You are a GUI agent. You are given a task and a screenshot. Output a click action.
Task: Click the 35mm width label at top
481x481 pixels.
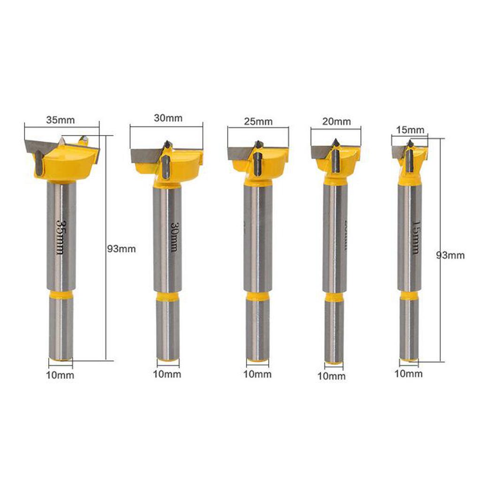pos(60,120)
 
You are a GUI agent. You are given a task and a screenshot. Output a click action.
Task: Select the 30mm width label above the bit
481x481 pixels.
pos(168,118)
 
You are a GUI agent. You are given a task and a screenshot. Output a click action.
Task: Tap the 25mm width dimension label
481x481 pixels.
pos(258,122)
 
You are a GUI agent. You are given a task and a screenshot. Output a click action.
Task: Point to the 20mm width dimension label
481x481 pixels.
pos(336,121)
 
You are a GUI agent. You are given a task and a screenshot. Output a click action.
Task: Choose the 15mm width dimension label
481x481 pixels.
pos(410,130)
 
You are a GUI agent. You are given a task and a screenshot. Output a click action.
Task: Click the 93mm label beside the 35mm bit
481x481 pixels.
pos(122,249)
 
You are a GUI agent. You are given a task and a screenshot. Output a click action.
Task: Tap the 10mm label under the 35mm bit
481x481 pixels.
pos(61,375)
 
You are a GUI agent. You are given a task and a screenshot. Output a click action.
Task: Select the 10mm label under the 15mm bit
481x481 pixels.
pos(408,374)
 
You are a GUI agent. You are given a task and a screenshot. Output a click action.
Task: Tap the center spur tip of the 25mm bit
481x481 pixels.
pos(258,142)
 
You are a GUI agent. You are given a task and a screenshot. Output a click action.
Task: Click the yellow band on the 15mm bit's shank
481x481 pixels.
pos(409,295)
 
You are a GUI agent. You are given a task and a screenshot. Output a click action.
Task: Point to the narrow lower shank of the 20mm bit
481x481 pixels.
pos(334,331)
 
